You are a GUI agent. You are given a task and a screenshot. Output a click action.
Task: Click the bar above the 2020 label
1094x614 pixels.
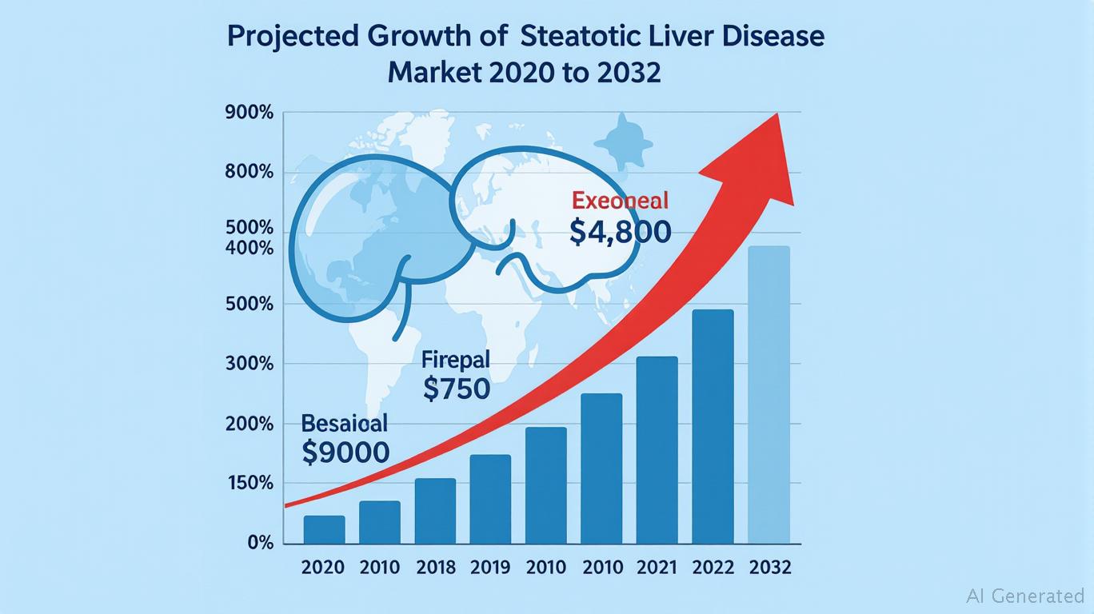point(324,529)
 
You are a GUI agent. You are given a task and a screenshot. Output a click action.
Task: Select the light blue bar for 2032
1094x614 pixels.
point(769,395)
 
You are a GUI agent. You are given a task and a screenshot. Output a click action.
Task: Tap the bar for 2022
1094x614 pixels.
point(713,426)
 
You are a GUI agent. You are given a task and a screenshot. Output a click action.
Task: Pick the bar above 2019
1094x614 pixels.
point(490,499)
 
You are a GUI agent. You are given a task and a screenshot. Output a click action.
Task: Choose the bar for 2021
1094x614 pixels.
point(657,449)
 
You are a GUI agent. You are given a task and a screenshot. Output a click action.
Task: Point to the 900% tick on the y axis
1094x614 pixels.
point(250,113)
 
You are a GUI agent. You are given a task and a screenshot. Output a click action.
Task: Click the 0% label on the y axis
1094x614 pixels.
point(260,544)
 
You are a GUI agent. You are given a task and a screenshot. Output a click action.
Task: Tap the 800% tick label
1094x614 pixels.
point(250,173)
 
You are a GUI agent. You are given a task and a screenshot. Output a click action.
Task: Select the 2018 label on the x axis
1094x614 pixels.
point(436,568)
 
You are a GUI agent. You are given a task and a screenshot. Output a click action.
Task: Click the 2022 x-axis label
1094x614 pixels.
point(713,568)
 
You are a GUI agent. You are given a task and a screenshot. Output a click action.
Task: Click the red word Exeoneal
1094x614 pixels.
point(621,201)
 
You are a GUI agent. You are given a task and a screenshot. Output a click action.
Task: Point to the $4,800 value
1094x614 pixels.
point(621,232)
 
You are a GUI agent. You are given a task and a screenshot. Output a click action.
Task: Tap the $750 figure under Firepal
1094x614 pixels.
point(456,389)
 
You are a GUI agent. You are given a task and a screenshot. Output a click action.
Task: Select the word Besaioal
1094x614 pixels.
point(345,423)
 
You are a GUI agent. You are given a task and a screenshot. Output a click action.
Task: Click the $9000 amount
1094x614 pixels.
point(346,453)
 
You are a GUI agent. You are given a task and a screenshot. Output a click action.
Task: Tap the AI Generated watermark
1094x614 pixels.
point(1024,595)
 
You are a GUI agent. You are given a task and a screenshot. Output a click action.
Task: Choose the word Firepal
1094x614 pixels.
point(455,359)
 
